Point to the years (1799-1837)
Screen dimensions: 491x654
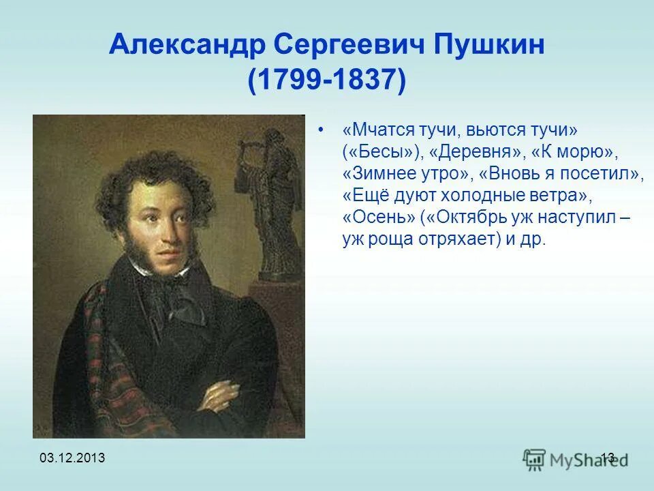(327, 81)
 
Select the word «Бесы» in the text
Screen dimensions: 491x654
(382, 151)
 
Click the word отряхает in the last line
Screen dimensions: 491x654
(448, 241)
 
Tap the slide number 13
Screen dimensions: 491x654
(608, 458)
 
